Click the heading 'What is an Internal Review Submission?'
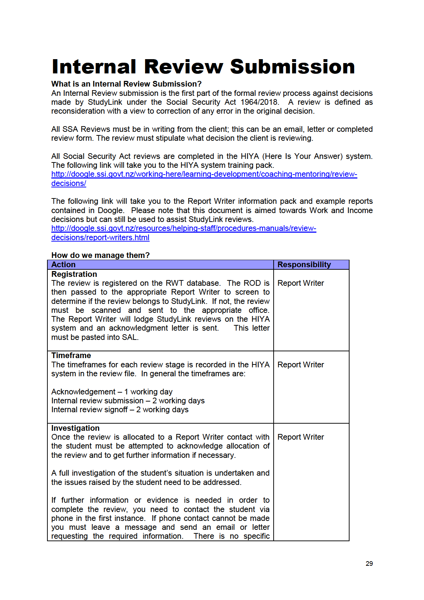(x=126, y=84)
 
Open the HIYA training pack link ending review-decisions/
(x=204, y=174)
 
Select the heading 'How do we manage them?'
(x=100, y=255)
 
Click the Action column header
(x=63, y=265)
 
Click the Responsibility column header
(x=304, y=265)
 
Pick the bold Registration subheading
(x=74, y=274)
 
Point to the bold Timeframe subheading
(x=71, y=356)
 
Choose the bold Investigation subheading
(x=75, y=428)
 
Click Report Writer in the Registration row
(x=300, y=283)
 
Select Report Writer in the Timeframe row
(x=300, y=365)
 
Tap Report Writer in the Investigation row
(x=300, y=437)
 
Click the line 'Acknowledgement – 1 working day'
(x=112, y=392)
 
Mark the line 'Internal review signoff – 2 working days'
(x=120, y=410)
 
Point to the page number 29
(x=369, y=564)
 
